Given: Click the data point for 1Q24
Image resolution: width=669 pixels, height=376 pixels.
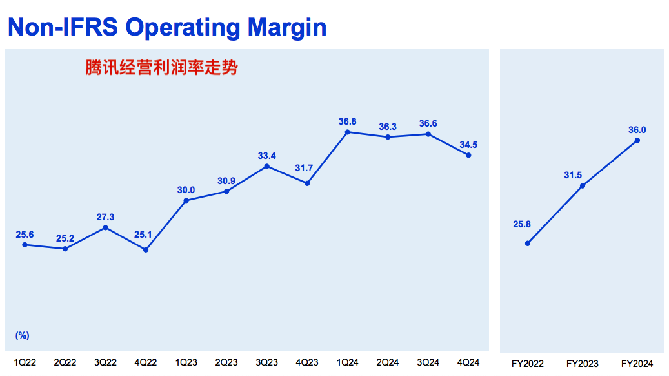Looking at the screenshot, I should click(348, 132).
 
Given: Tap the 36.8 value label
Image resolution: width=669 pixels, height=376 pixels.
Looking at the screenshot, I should click(347, 121).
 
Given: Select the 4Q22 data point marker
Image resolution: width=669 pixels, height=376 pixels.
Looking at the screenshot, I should click(146, 249).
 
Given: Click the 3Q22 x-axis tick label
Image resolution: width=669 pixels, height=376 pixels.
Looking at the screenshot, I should click(105, 364).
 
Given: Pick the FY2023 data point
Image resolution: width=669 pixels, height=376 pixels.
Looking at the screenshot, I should click(583, 185).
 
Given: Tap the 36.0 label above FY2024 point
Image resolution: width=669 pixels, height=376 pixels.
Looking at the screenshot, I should click(637, 130).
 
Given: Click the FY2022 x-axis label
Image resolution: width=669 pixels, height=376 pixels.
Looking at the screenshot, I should click(528, 364).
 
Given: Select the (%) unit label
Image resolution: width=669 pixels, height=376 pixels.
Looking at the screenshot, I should click(22, 335).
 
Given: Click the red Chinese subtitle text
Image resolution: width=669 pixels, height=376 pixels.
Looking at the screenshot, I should click(161, 67).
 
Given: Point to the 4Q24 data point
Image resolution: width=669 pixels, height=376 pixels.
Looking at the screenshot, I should click(468, 155).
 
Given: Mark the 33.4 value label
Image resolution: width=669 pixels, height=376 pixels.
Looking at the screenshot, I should click(266, 156).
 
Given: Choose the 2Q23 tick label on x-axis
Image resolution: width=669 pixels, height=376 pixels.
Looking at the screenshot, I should click(226, 364).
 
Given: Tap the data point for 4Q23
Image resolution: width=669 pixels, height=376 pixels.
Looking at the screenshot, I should click(307, 183).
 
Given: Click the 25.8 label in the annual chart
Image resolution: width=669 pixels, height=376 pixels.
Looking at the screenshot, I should click(521, 224).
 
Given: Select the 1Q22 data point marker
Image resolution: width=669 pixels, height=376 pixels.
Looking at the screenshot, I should click(25, 244).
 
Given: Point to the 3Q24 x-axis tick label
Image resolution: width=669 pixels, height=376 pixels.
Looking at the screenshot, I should click(428, 364).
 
